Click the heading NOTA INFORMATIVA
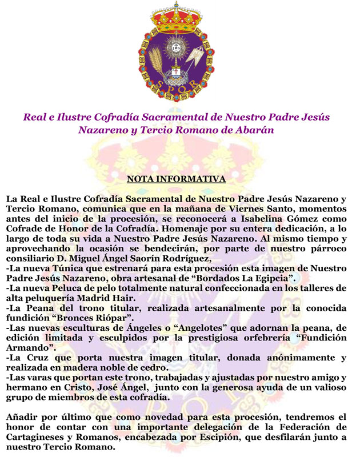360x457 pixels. [x=176, y=179]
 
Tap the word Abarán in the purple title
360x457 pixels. [x=252, y=130]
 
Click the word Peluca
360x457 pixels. [x=70, y=288]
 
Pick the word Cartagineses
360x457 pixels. [x=35, y=438]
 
